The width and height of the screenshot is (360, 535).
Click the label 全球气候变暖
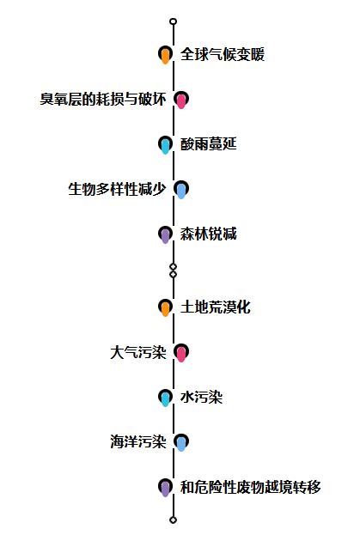coord(223,54)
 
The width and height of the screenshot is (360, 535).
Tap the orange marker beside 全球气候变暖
coord(165,55)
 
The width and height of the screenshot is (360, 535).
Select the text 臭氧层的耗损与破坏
coord(103,100)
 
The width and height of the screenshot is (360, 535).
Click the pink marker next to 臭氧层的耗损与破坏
coord(181,100)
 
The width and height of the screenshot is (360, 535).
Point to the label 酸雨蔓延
coord(209,144)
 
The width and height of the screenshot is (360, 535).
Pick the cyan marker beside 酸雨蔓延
coord(165,144)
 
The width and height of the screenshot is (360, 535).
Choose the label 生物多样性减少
coord(117,189)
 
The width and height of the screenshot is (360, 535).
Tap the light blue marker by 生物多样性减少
coord(181,190)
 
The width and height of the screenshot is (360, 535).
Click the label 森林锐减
coord(209,234)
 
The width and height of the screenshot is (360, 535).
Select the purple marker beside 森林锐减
coord(165,234)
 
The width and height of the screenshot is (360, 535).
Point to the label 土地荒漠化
coord(216,307)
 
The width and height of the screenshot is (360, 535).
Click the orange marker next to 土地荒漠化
coord(165,307)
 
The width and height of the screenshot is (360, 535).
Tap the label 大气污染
coord(138,352)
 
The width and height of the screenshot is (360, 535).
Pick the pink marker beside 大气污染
coord(181,352)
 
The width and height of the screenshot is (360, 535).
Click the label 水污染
coord(201,397)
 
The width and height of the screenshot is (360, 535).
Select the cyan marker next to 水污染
coord(165,398)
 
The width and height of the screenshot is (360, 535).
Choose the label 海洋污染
coord(138,442)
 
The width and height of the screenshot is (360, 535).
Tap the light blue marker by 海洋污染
coord(181,442)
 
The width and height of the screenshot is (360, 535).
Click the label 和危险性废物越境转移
coord(251,487)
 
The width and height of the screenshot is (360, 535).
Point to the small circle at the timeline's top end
coord(174,21)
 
